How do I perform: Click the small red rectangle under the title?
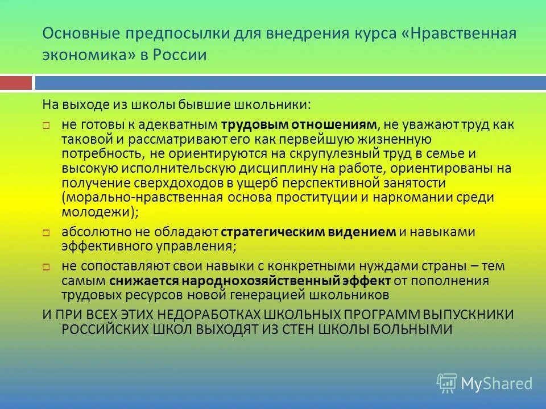[x=16, y=83]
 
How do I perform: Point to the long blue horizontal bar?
[x=290, y=83]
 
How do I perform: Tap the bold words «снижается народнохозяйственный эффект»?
[x=250, y=281]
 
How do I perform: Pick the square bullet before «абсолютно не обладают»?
[x=48, y=232]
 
